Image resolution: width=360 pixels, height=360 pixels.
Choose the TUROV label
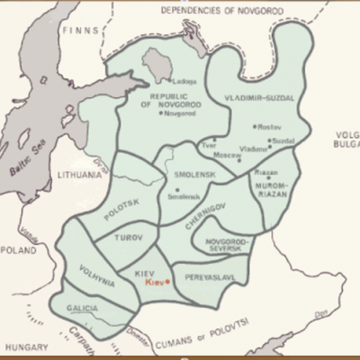tap(130, 238)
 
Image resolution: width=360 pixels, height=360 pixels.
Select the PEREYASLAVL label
tap(206, 278)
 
